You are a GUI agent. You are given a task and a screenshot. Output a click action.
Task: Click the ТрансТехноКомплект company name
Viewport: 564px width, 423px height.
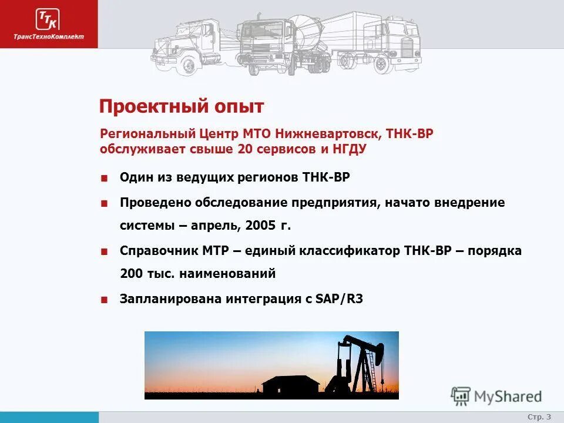pos(49,36)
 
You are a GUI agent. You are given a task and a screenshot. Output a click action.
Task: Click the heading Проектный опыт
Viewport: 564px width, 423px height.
pos(182,106)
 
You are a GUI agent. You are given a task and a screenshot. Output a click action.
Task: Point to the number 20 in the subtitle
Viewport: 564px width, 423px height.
pos(245,149)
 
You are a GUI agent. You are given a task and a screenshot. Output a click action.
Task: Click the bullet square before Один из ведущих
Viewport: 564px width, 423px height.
pos(104,178)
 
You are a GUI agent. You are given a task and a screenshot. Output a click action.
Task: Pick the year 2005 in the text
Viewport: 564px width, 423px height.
pos(261,226)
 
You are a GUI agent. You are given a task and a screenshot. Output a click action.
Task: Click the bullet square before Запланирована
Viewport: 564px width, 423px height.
pos(104,300)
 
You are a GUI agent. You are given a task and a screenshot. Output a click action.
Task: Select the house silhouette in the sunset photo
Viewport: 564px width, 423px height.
pos(291,384)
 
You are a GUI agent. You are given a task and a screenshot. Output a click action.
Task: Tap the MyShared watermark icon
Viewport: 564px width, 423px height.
pos(461,397)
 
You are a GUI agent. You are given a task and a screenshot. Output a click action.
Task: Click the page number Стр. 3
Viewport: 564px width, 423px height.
pos(539,417)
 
